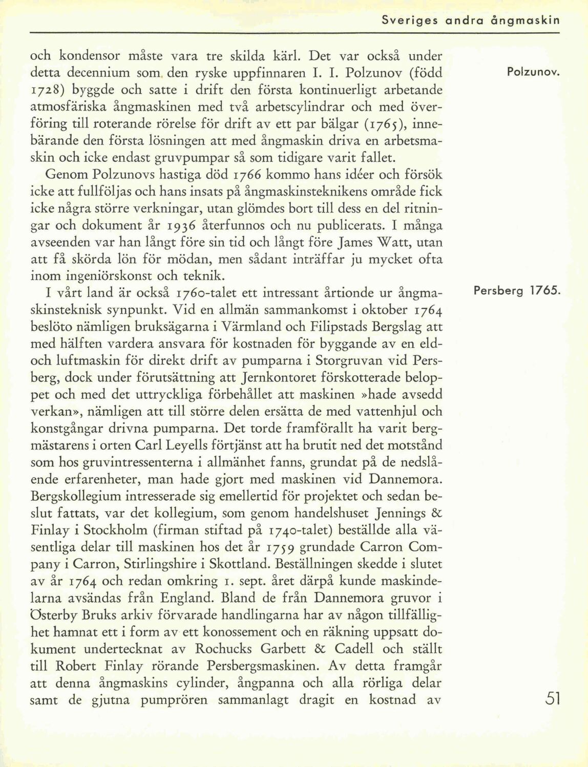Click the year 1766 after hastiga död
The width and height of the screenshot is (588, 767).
(x=248, y=176)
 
